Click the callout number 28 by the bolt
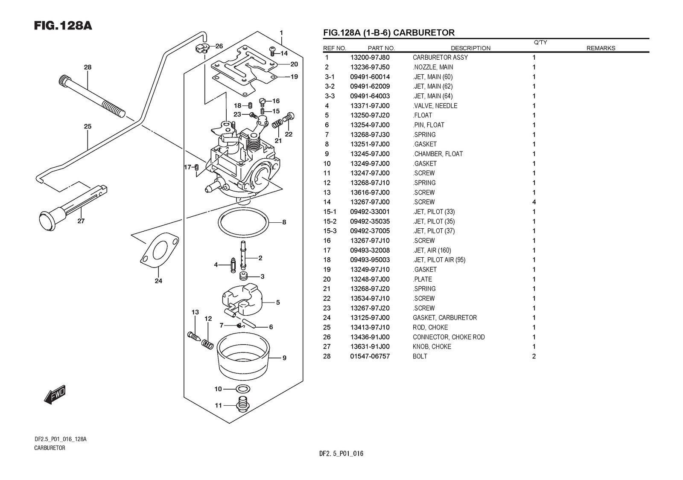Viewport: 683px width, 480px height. (88, 67)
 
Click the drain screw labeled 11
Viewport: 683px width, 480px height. (242, 404)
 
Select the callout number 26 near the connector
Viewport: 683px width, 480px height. (219, 46)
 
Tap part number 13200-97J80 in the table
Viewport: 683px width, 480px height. (370, 58)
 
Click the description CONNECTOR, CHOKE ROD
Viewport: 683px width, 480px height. (448, 337)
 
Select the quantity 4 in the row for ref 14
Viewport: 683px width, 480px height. (534, 202)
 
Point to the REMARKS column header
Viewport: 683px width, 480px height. (601, 48)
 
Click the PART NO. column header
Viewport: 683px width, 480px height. (381, 48)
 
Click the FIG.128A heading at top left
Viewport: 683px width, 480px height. (63, 26)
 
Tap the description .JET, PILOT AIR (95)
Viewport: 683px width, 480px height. (439, 260)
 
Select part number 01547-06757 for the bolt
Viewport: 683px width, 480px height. (370, 356)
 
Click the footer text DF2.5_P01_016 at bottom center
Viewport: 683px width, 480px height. (341, 454)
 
